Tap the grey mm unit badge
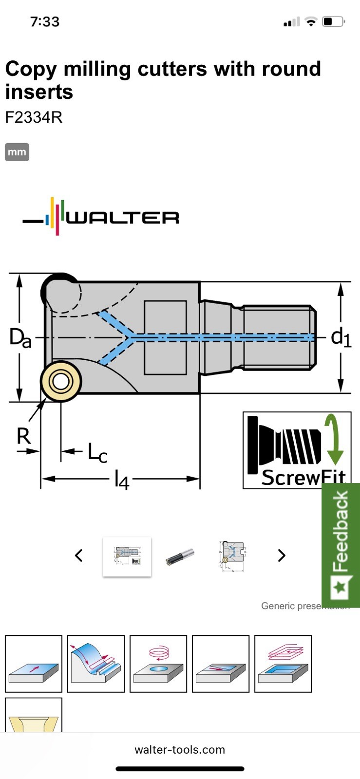point(17,152)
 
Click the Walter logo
point(101,217)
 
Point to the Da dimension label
point(20,337)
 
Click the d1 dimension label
point(341,337)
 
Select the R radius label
point(23,436)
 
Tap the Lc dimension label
point(97,453)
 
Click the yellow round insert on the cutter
point(61,382)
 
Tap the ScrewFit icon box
point(297,450)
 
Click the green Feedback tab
point(341,545)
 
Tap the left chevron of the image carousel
point(79,556)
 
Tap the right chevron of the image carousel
point(281,556)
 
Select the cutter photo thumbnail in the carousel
point(180,556)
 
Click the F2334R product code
point(34,117)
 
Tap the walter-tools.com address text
point(180,749)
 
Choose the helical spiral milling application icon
point(158,664)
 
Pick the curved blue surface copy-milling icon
point(96,664)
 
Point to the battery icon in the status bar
point(333,22)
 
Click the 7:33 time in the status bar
point(45,22)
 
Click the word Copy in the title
point(31,69)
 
